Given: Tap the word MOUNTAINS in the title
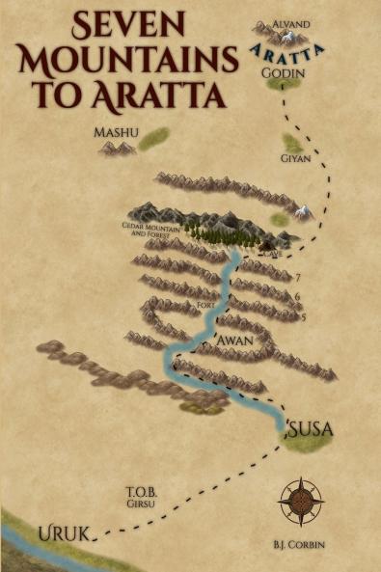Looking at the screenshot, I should click(129, 60).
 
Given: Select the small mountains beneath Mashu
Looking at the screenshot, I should click(118, 148).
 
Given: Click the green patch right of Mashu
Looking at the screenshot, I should click(153, 140).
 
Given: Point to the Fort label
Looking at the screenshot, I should click(204, 306).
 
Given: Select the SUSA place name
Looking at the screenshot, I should click(310, 425).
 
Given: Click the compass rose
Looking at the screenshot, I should click(300, 502).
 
